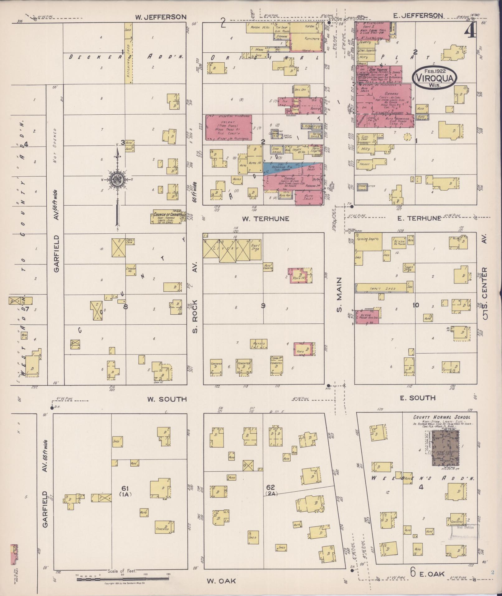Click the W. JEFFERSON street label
coord(161,17)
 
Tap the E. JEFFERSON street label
coord(418,16)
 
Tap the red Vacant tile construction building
coord(229,127)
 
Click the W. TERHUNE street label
coord(265,219)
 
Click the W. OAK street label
coord(221,581)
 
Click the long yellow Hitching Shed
coord(128,53)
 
